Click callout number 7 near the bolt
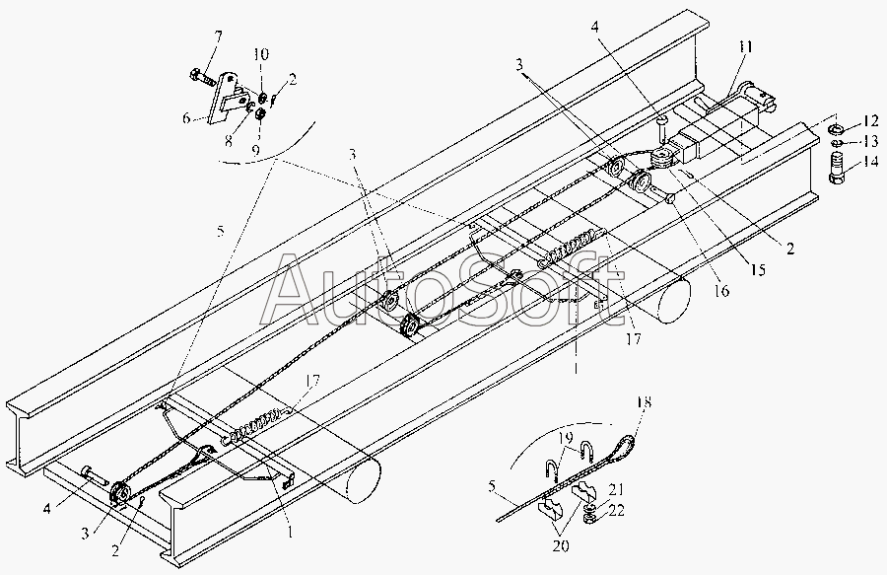[219, 36]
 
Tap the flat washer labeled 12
[834, 128]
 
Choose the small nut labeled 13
[834, 146]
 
